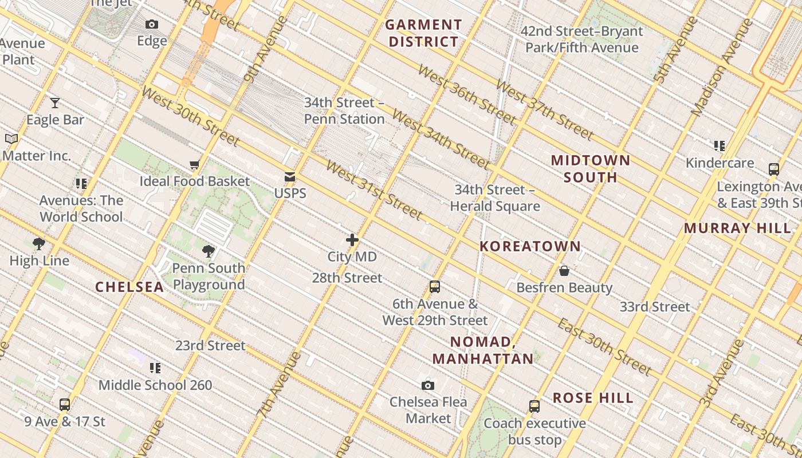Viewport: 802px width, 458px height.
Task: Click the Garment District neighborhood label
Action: (423, 33)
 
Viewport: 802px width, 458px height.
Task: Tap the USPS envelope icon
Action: (290, 177)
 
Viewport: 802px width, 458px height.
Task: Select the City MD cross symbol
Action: (352, 240)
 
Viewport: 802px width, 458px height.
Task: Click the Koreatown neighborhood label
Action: (530, 246)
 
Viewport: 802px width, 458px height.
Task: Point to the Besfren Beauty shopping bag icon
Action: (564, 270)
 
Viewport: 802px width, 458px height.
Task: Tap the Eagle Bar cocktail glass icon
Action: (55, 103)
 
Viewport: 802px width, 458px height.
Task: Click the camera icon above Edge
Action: (152, 24)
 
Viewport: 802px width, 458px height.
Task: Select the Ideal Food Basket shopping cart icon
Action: (195, 165)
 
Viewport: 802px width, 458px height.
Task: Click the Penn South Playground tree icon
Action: (209, 251)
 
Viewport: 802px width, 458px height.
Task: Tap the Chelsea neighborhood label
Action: (129, 287)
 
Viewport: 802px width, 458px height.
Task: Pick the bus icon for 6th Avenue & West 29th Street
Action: (435, 287)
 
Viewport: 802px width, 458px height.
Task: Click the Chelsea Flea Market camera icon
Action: (428, 385)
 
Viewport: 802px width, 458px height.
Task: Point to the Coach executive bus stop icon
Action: (534, 406)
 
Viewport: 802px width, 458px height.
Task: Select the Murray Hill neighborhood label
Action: (737, 228)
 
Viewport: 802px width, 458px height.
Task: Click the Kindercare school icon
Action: (720, 146)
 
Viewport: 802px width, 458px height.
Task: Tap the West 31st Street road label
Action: (374, 190)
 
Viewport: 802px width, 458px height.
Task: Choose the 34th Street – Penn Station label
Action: (344, 110)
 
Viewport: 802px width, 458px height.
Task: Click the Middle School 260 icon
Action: (155, 368)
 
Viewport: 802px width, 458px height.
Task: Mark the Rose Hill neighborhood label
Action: (593, 398)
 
